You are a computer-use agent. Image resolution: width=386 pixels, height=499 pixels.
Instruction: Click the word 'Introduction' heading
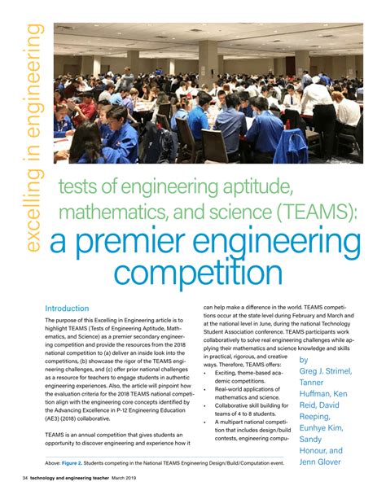67,309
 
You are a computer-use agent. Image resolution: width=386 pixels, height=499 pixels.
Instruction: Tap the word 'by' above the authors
304,360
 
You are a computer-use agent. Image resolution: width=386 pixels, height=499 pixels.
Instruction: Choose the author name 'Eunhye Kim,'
328,424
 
